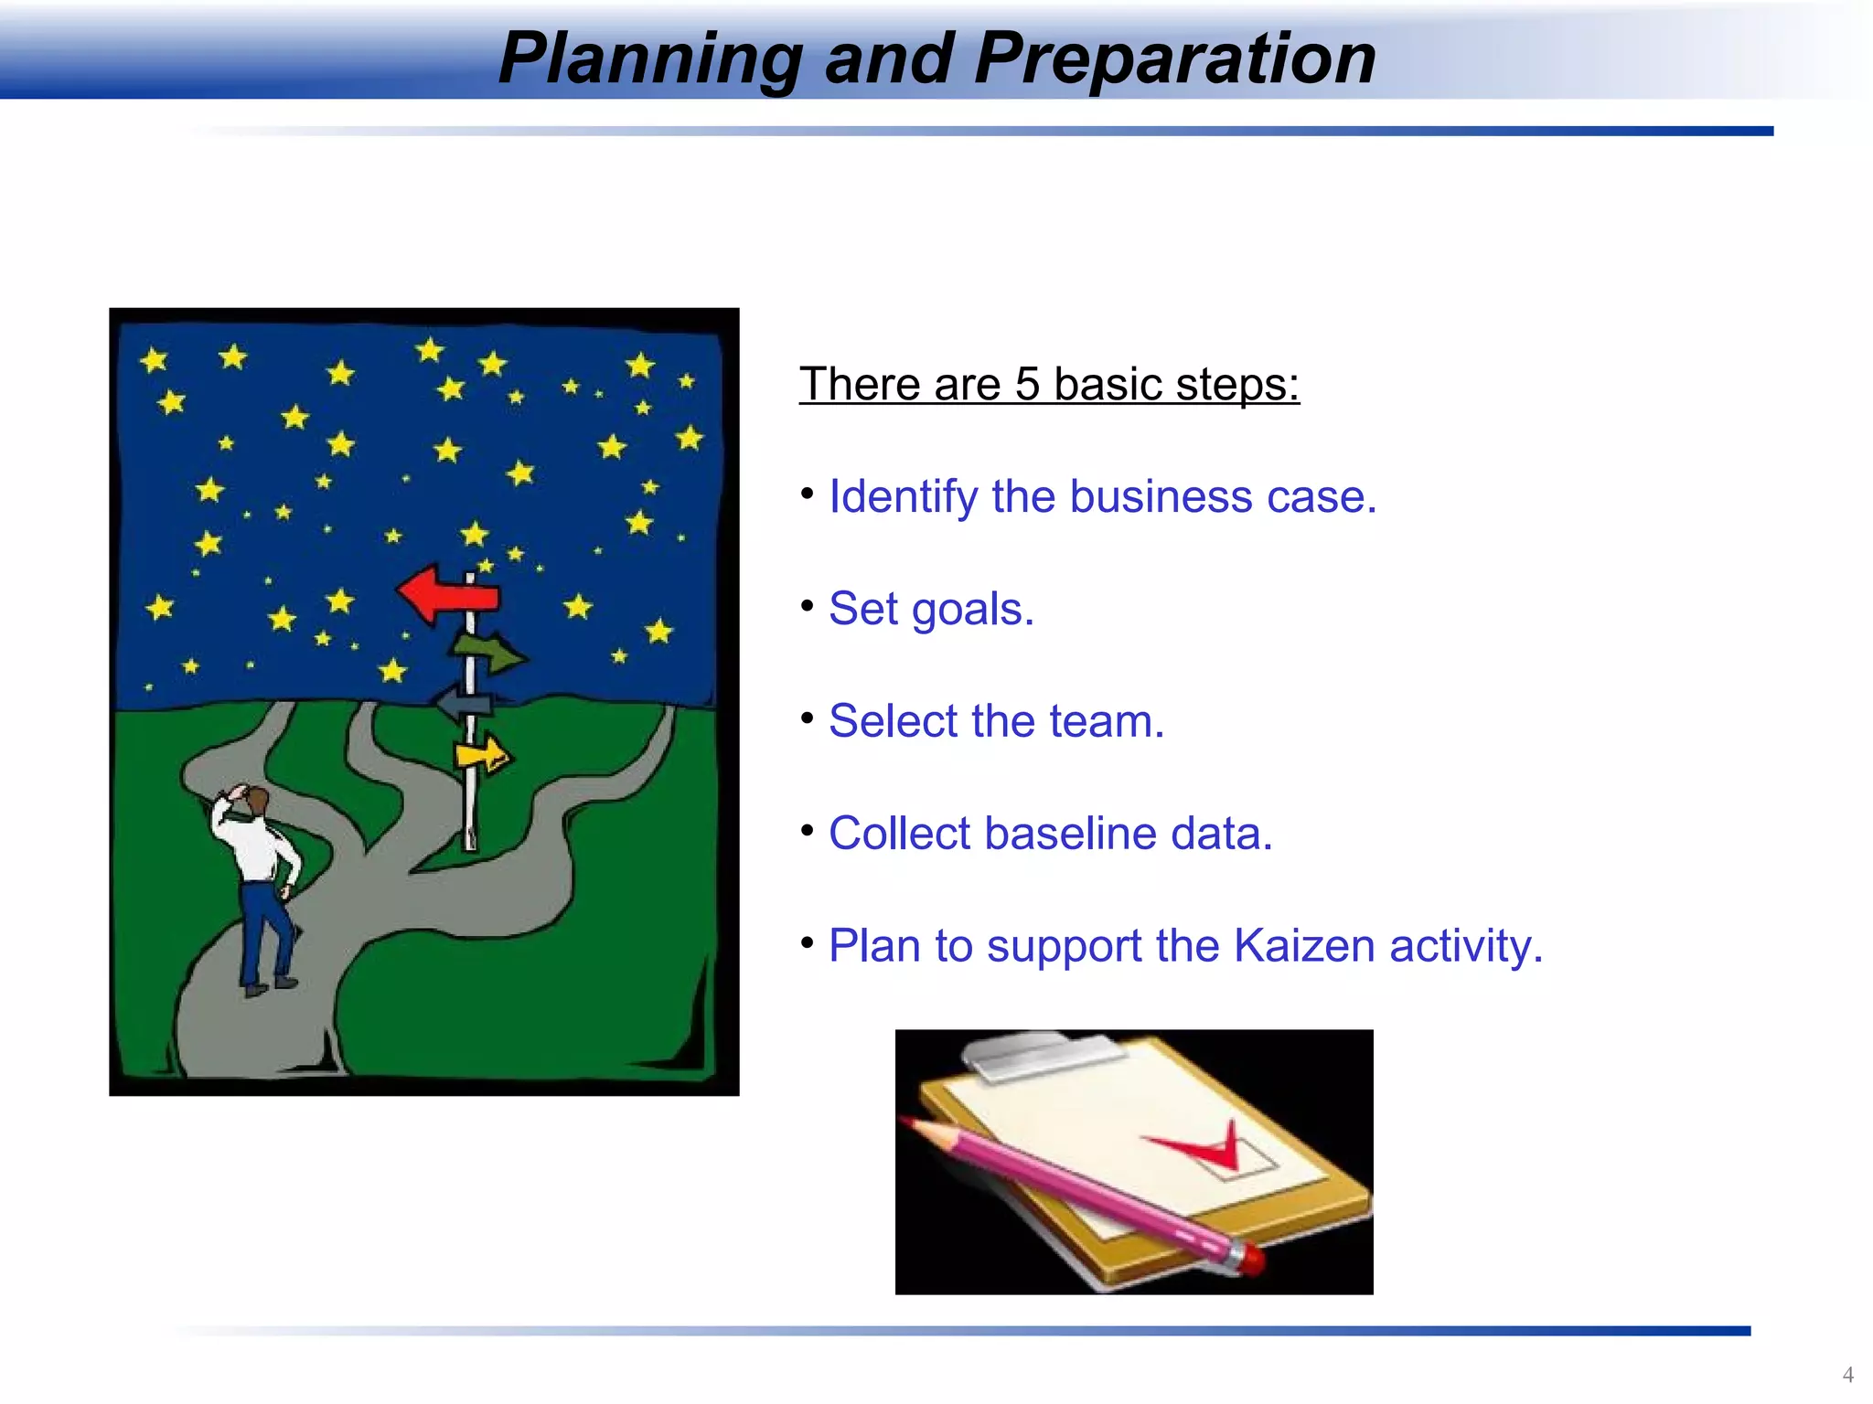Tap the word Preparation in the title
(x=1174, y=58)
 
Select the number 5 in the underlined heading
(x=1027, y=384)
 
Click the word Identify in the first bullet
(x=903, y=497)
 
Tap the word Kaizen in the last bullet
(x=1303, y=946)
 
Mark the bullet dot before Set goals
(x=807, y=606)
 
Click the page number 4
(x=1847, y=1375)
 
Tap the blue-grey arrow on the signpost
(x=465, y=704)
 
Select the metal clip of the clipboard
(x=1043, y=1058)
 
